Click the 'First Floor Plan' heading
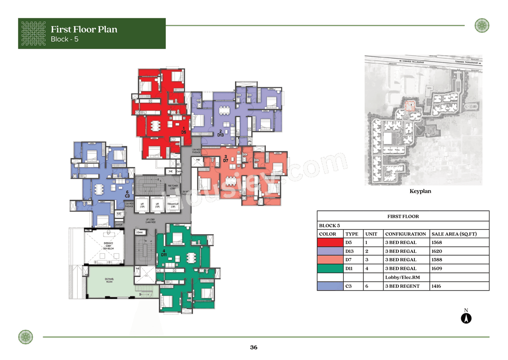coord(84,29)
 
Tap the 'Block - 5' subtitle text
coord(67,39)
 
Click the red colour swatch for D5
coord(330,243)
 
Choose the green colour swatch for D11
coord(330,269)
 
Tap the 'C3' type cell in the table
coord(348,286)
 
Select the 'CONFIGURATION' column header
coord(405,234)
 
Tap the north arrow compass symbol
coord(466,318)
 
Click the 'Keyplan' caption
coord(420,191)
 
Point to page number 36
coord(254,348)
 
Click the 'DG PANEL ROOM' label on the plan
coord(109,281)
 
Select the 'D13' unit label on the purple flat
coord(221,135)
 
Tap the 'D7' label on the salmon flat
coord(225,160)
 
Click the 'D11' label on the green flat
coord(164,254)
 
